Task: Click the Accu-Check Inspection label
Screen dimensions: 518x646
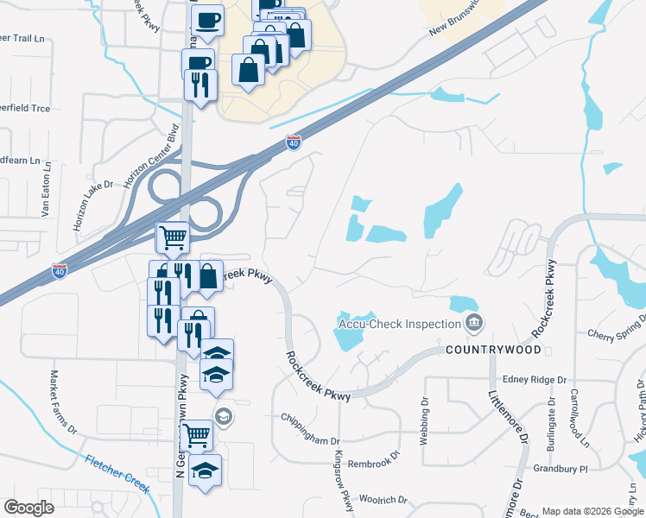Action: [x=397, y=324]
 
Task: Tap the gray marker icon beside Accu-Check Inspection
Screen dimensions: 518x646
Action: [x=473, y=324]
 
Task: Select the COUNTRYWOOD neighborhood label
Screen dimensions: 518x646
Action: [x=494, y=350]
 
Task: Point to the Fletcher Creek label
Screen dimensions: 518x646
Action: [x=117, y=473]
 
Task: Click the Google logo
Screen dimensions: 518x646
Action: [x=28, y=508]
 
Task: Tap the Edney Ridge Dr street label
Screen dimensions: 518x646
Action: [x=534, y=379]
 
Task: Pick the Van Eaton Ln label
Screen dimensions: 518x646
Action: [x=46, y=191]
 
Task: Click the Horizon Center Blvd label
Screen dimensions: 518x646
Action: [x=156, y=160]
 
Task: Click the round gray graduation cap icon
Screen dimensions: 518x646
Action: [x=223, y=417]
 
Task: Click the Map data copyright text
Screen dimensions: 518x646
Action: [x=592, y=511]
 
